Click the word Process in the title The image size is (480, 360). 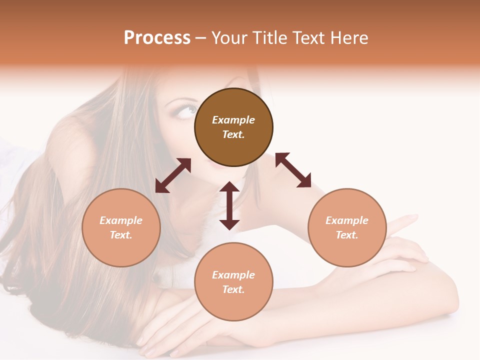(157, 38)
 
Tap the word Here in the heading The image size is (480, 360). (349, 38)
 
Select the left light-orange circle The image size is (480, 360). (121, 227)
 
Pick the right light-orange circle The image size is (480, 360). (347, 227)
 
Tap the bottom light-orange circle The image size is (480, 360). (233, 281)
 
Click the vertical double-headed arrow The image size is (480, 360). (229, 206)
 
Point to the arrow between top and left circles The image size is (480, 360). (173, 175)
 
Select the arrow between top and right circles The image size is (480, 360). (293, 170)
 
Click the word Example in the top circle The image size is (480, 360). (233, 120)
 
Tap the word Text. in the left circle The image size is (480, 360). (121, 235)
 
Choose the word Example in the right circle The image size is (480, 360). (347, 220)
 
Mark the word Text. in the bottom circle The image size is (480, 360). (233, 289)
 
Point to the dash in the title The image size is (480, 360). (200, 38)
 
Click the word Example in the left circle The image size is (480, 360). (121, 220)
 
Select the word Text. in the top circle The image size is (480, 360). (233, 134)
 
